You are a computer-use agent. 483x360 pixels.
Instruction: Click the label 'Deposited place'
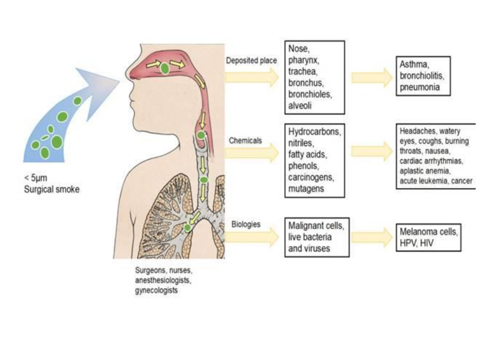[x=251, y=61]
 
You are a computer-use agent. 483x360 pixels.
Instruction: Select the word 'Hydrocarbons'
[x=314, y=132]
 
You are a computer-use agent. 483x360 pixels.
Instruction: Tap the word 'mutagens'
[x=306, y=188]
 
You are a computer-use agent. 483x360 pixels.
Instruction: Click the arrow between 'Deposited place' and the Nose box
[x=252, y=77]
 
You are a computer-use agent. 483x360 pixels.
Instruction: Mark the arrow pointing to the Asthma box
[x=371, y=77]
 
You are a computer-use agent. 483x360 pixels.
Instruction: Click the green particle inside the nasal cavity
[x=164, y=68]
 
